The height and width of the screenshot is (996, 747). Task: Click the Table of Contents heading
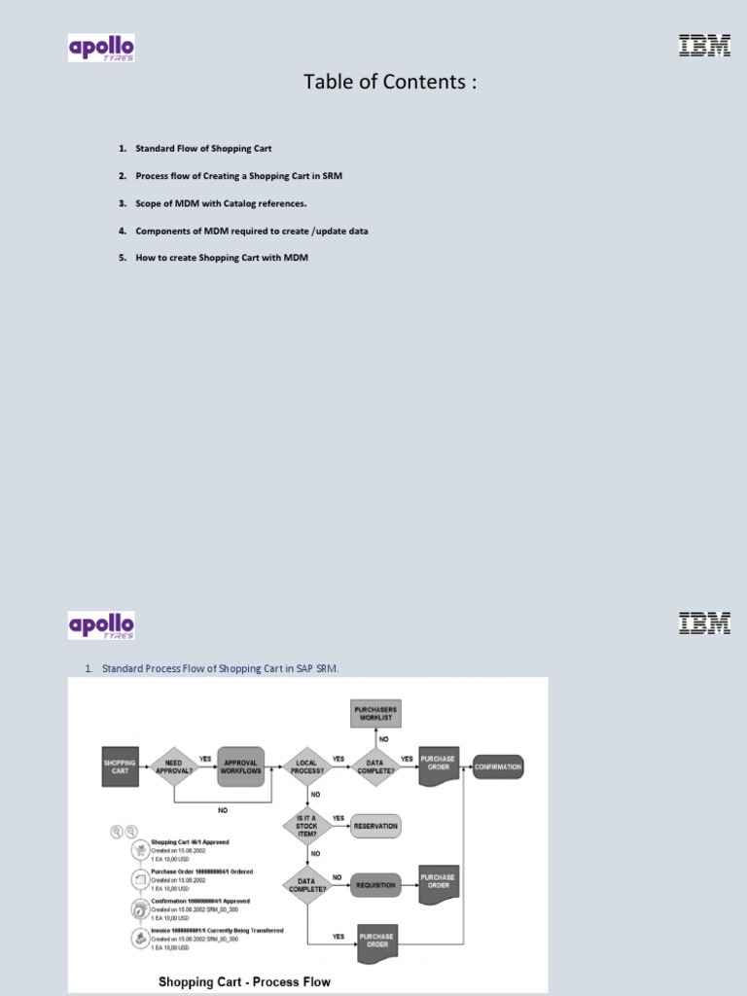coord(390,83)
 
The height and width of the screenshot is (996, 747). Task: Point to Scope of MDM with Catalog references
coord(221,203)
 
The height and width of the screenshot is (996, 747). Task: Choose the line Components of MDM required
coord(251,231)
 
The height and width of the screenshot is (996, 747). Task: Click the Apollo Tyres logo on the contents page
coord(101,48)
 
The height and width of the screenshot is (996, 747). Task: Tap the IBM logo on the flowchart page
coord(703,623)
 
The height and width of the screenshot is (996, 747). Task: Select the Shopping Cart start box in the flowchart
coord(120,765)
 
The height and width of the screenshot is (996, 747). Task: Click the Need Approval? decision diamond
coord(174,765)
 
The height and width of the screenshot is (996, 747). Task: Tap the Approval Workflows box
coord(240,765)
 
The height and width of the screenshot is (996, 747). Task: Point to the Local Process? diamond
coord(306,765)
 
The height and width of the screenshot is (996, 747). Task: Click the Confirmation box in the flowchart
coord(498,766)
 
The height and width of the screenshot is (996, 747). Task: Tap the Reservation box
coord(375,826)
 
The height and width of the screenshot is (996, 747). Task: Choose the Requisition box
coord(375,885)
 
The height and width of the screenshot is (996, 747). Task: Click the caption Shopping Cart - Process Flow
coord(244,981)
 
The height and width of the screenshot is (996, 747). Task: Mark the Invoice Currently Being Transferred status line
coord(217,931)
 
